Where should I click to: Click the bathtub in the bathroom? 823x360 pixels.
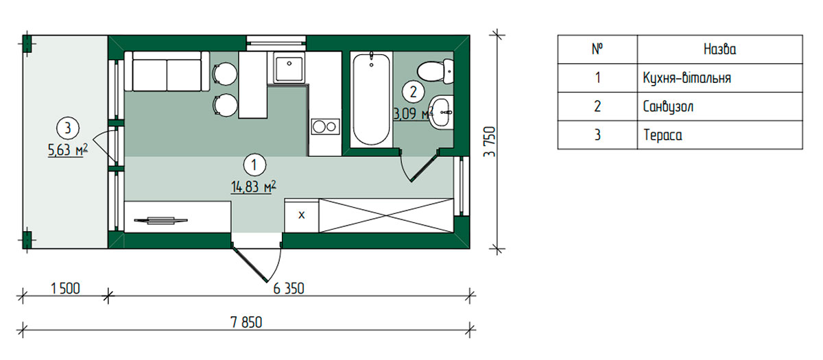click(371, 100)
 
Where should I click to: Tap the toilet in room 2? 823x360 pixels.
click(436, 71)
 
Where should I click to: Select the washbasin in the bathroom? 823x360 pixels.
click(441, 112)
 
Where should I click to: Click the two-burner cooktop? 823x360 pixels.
click(326, 127)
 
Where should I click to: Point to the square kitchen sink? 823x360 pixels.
click(289, 69)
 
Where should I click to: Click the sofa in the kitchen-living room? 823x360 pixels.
click(167, 71)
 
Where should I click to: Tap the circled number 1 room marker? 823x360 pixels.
click(254, 165)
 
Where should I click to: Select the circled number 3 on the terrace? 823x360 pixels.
click(68, 128)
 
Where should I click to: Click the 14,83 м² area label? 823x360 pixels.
click(254, 187)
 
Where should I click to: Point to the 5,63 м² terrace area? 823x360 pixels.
click(68, 150)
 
